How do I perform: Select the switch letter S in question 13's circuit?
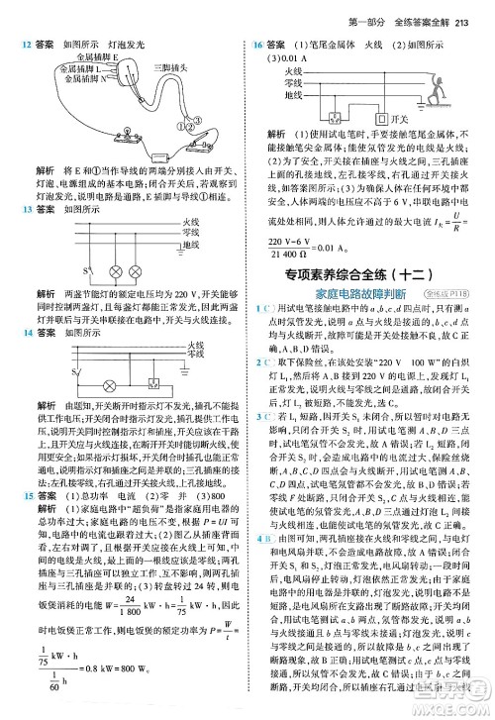(x=69, y=267)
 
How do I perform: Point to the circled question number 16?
(x=260, y=46)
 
